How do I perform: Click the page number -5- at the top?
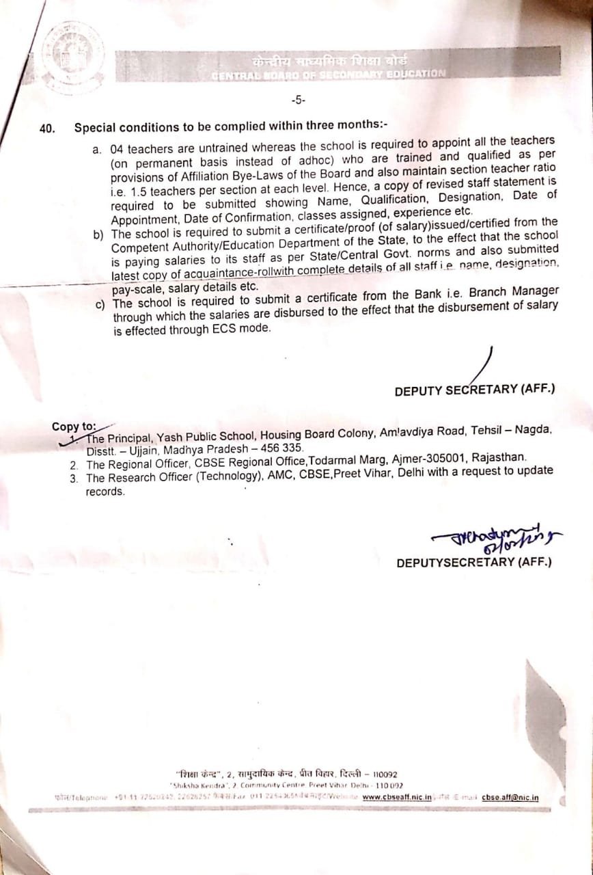pyautogui.click(x=299, y=100)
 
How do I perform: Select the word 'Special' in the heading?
pyautogui.click(x=95, y=127)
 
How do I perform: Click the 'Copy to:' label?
pyautogui.click(x=74, y=427)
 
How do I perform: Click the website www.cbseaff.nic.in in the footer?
pyautogui.click(x=397, y=796)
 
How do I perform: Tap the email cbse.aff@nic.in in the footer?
pyautogui.click(x=510, y=796)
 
